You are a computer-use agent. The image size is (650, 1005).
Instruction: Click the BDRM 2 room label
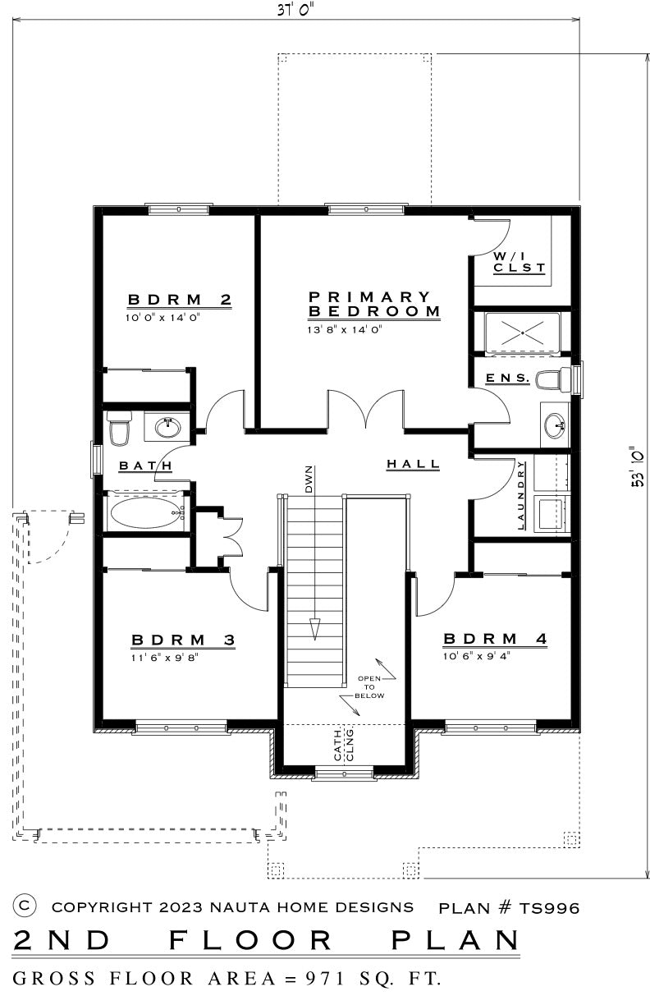coord(180,299)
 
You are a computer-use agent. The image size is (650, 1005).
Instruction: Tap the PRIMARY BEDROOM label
coord(374,304)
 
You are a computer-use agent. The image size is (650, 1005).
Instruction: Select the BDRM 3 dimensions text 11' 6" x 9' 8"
coord(165,658)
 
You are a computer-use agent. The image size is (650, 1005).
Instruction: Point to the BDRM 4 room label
coord(495,639)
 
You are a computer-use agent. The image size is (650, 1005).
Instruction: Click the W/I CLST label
coord(520,262)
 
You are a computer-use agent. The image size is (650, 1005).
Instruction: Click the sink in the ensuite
coord(555,424)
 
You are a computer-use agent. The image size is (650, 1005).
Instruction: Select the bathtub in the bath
coord(147,512)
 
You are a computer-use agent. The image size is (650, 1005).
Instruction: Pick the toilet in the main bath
coord(119,429)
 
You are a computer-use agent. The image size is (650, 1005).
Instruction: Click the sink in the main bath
coord(167,427)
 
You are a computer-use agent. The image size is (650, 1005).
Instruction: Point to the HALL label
coord(413,464)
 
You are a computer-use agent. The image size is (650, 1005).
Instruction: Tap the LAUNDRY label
coord(521,495)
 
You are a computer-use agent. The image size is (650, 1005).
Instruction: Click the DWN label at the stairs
coord(309,480)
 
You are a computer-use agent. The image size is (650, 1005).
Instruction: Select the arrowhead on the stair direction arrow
coord(315,629)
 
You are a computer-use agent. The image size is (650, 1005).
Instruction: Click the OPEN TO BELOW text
coord(369,687)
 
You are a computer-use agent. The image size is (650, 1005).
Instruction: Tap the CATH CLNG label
coord(344,745)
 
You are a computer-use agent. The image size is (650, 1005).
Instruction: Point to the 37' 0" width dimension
coord(294,10)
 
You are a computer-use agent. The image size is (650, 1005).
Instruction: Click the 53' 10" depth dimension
coord(637,466)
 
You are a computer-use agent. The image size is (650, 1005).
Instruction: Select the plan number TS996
coord(549,909)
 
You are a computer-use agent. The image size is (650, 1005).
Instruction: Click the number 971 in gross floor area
coord(326,978)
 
